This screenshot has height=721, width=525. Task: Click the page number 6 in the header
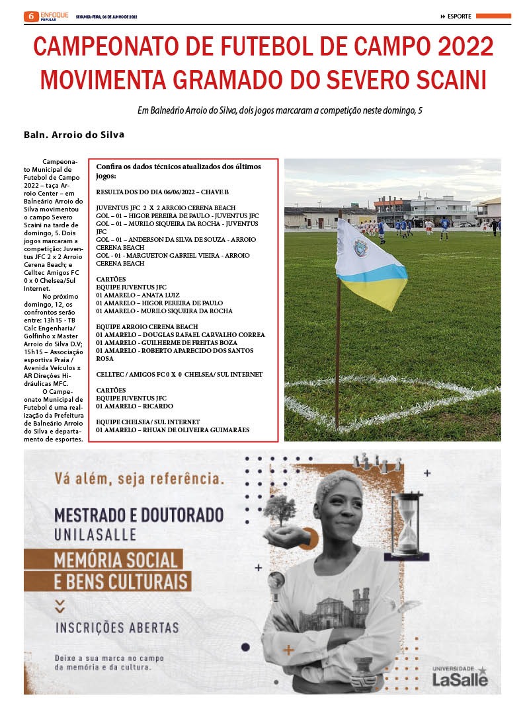tap(30, 16)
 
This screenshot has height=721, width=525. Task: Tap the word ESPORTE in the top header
tap(459, 17)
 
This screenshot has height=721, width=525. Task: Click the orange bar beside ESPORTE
tap(493, 16)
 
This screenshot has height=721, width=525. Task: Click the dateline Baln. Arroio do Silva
tap(73, 135)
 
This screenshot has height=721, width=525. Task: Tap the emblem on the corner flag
tap(360, 248)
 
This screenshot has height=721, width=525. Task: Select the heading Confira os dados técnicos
tap(179, 171)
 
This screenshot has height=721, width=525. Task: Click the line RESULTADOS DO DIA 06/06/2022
tap(162, 192)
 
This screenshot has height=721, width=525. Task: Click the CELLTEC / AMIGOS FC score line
tap(179, 375)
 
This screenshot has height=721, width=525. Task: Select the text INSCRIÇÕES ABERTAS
tap(116, 626)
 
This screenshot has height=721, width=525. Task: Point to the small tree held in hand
tap(280, 511)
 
